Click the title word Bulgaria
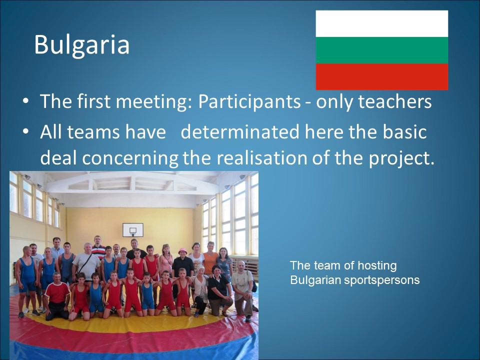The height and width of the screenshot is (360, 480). (81, 44)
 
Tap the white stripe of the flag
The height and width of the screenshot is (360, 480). (381, 24)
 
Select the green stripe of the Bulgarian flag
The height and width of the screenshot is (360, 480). (381, 50)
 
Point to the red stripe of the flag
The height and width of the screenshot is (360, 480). (381, 77)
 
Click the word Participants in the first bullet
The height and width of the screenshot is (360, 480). (249, 102)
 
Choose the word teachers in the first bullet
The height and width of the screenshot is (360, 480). (395, 101)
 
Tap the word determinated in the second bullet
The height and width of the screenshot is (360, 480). (240, 132)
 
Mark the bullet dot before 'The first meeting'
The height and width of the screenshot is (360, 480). (25, 101)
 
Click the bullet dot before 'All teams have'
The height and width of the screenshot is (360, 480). (25, 132)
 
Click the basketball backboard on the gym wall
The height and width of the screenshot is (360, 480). (133, 230)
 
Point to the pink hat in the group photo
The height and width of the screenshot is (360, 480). (183, 251)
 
